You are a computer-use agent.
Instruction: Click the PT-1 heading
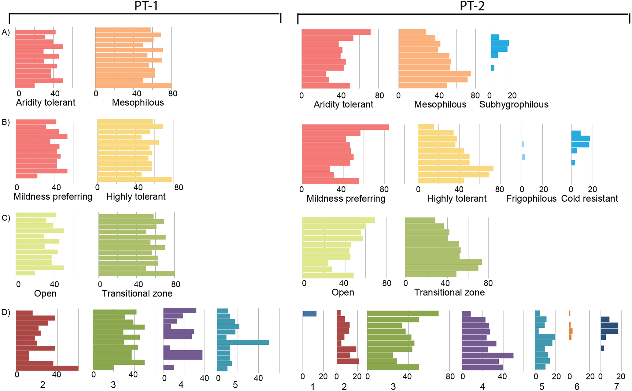coord(146,6)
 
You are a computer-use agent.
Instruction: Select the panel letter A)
coord(6,32)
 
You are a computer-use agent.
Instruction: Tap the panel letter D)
coord(6,312)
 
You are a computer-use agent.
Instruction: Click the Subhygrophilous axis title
coord(514,105)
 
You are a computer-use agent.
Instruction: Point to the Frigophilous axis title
coord(531,199)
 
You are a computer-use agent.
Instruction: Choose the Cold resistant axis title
coord(589,199)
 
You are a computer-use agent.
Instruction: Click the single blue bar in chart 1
coord(309,314)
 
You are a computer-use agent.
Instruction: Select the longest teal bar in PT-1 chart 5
coord(243,342)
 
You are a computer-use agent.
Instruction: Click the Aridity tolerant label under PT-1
coord(46,102)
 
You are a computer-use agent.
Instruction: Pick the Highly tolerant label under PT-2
coord(456,199)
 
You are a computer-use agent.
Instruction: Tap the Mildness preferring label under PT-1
coord(53,196)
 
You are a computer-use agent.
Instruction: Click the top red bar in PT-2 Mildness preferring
coord(345,127)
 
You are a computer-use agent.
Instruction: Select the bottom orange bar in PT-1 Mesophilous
coord(133,86)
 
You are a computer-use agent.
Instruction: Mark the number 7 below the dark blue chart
coord(616,386)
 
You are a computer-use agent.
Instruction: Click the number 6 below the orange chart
coord(577,386)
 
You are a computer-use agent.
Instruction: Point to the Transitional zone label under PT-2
coord(449,292)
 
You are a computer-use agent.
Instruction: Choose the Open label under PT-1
coord(45,294)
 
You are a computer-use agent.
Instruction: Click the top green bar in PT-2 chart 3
coord(403,314)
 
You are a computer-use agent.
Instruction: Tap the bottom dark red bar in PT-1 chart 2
coord(47,368)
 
